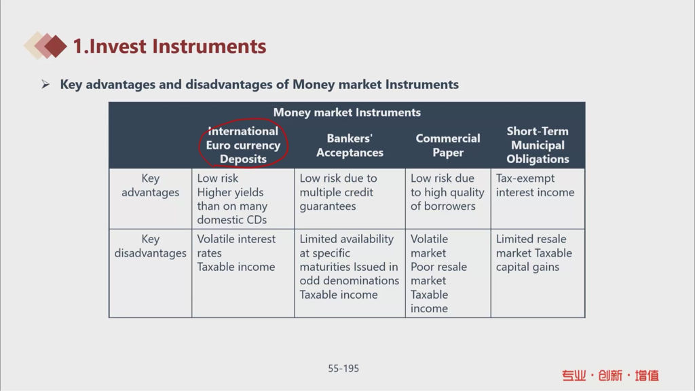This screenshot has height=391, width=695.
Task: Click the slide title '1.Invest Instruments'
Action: [x=169, y=46]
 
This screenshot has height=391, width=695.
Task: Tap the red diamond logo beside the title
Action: [x=56, y=45]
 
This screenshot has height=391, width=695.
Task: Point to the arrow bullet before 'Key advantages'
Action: [x=45, y=84]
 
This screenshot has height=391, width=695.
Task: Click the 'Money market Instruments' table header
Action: [x=347, y=112]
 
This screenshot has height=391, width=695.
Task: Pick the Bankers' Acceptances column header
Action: [x=350, y=145]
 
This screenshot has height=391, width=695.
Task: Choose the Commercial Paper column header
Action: [x=448, y=145]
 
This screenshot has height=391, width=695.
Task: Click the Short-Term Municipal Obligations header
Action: [x=538, y=145]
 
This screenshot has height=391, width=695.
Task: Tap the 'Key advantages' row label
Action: [x=150, y=185]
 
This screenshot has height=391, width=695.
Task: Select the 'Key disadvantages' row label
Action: [x=150, y=246]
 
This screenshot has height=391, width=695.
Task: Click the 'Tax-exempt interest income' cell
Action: [x=535, y=185]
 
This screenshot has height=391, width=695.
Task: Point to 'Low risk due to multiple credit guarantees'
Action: [x=338, y=192]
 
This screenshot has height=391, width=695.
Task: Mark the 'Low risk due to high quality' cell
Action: [x=447, y=192]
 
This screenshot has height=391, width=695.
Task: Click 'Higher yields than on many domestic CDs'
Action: [x=232, y=206]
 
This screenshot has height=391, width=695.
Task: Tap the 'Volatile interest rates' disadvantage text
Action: [x=236, y=246]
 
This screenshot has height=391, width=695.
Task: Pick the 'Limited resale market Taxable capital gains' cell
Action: [x=533, y=253]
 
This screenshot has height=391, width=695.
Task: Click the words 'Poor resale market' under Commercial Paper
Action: [x=438, y=274]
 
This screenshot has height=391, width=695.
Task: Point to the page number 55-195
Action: [x=343, y=369]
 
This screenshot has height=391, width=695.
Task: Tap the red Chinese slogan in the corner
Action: [x=610, y=375]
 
